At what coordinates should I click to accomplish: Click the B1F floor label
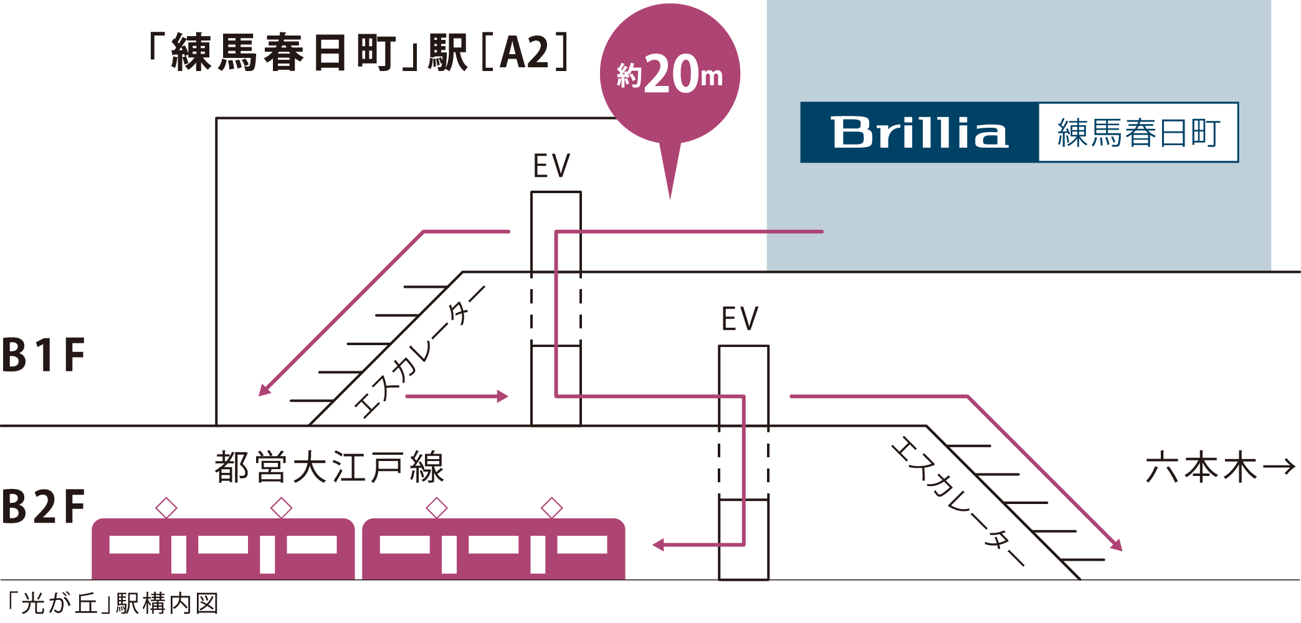click(44, 355)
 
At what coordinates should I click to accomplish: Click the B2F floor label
click(44, 507)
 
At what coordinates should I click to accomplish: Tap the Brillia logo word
click(920, 133)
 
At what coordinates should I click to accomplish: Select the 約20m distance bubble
click(670, 75)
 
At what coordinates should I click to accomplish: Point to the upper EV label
click(551, 166)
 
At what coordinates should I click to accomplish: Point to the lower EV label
click(740, 320)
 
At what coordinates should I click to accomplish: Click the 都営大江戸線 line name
click(329, 467)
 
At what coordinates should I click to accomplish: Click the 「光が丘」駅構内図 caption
click(112, 604)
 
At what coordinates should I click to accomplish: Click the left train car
click(223, 549)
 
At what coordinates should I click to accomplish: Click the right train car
click(493, 549)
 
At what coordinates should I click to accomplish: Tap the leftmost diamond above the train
click(166, 508)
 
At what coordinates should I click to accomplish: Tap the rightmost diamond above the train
click(551, 508)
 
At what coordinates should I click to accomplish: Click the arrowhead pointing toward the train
click(659, 545)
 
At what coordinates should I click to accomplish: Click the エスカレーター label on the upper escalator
click(419, 353)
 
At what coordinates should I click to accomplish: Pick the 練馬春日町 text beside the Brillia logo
click(1138, 133)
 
